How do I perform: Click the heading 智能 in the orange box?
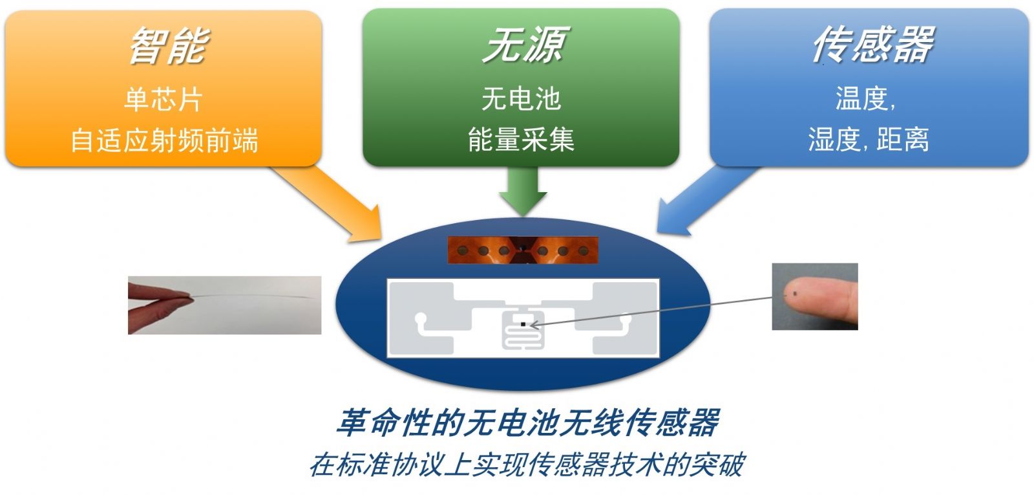point(169,45)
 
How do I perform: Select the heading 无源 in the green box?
point(525,45)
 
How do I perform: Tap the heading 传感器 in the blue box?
point(873,44)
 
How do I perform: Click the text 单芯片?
point(164,99)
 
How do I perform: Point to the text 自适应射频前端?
point(164,140)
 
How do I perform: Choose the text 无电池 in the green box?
point(521,98)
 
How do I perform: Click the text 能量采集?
point(521,139)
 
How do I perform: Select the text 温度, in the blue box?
point(865,98)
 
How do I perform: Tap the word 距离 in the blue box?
point(902,139)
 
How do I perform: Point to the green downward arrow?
point(523,190)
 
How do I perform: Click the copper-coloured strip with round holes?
point(523,250)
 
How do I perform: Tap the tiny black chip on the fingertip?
point(795,292)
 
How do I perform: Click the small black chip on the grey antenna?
point(523,324)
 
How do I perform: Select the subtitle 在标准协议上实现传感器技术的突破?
point(527,465)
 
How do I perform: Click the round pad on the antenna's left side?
point(421,318)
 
